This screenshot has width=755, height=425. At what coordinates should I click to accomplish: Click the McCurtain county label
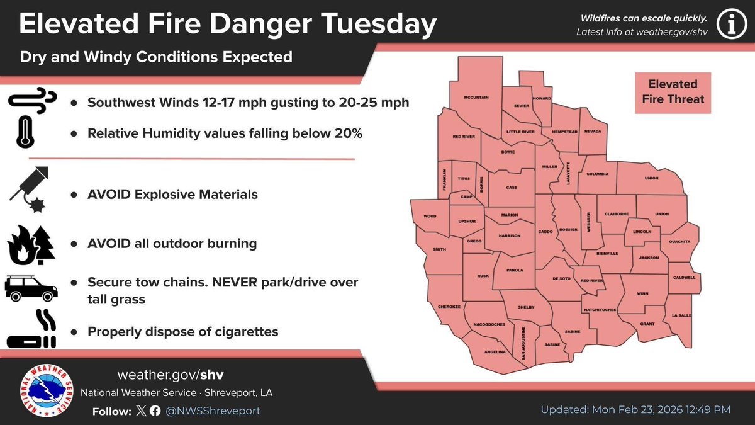(476, 97)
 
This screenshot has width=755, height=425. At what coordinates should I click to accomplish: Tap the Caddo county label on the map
(545, 232)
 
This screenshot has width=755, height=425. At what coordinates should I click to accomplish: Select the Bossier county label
(568, 230)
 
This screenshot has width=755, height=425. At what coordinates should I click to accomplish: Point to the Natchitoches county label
(599, 310)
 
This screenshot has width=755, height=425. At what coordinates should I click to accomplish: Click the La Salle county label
(681, 315)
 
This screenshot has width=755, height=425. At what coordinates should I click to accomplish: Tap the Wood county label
(430, 217)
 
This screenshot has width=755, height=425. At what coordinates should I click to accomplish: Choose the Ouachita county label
(679, 241)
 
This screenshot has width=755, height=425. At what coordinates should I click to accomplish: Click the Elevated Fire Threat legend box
(673, 91)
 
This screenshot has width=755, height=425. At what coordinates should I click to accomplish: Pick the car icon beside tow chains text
(31, 288)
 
